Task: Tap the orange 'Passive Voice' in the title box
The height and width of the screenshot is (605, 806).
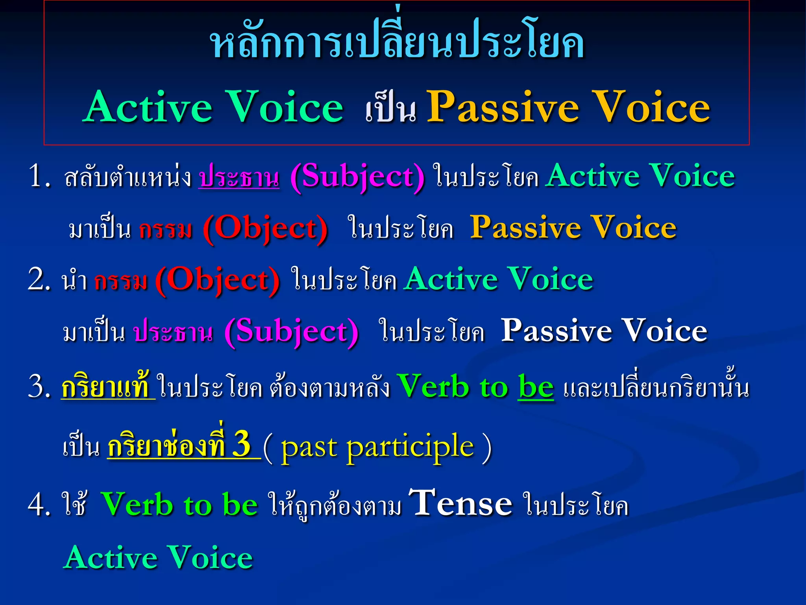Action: [568, 107]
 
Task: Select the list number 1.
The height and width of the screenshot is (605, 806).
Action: [39, 176]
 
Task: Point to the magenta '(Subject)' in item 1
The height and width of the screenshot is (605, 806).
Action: [357, 177]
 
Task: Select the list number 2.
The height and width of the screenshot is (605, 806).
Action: [39, 280]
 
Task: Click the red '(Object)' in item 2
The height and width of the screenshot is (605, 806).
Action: [217, 280]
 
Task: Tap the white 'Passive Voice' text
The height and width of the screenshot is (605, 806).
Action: [604, 331]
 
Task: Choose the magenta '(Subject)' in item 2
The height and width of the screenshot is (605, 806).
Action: [291, 332]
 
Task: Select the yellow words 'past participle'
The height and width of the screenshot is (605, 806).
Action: [377, 447]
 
